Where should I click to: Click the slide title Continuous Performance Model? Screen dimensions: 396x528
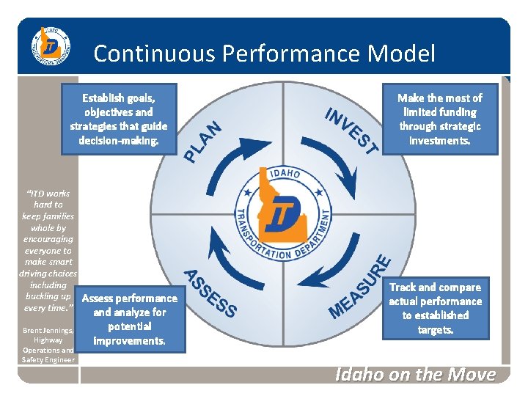pyautogui.click(x=264, y=54)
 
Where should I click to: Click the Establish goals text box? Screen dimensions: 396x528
pyautogui.click(x=119, y=119)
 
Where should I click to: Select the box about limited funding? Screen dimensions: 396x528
pyautogui.click(x=439, y=119)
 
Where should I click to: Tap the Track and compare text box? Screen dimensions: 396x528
pyautogui.click(x=435, y=308)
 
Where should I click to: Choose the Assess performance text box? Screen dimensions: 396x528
pyautogui.click(x=130, y=319)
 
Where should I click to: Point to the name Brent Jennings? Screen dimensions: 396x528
pyautogui.click(x=48, y=331)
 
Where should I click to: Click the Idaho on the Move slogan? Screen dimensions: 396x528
pyautogui.click(x=415, y=375)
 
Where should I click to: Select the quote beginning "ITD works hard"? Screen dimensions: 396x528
pyautogui.click(x=48, y=250)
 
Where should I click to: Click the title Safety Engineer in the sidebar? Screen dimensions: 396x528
pyautogui.click(x=48, y=359)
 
